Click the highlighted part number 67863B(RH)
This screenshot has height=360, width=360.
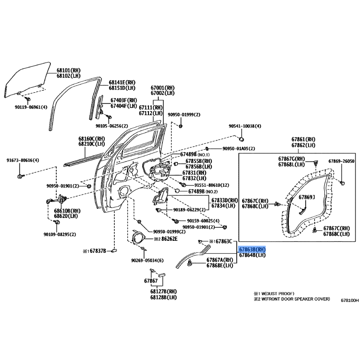(x=252, y=249)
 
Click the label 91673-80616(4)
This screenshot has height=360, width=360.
(x=22, y=161)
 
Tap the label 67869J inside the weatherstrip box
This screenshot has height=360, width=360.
(x=308, y=197)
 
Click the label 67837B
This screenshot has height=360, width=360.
(x=95, y=250)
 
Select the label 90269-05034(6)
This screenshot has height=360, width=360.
(x=148, y=261)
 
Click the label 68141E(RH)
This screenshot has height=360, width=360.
(x=122, y=82)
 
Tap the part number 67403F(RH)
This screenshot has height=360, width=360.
(x=124, y=100)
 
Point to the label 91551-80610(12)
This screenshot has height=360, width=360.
(x=211, y=185)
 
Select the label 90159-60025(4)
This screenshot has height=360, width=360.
(x=203, y=221)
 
